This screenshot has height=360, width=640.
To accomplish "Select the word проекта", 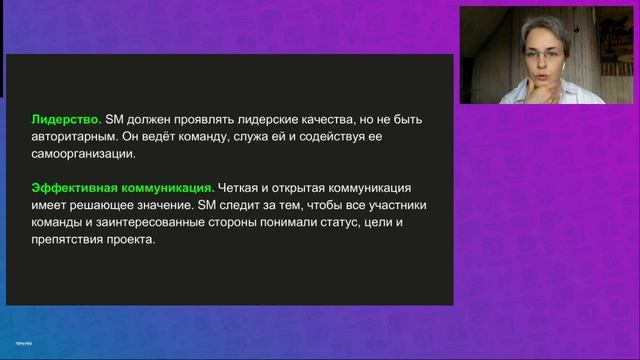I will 137,241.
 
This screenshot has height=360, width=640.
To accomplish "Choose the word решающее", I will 102,206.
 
